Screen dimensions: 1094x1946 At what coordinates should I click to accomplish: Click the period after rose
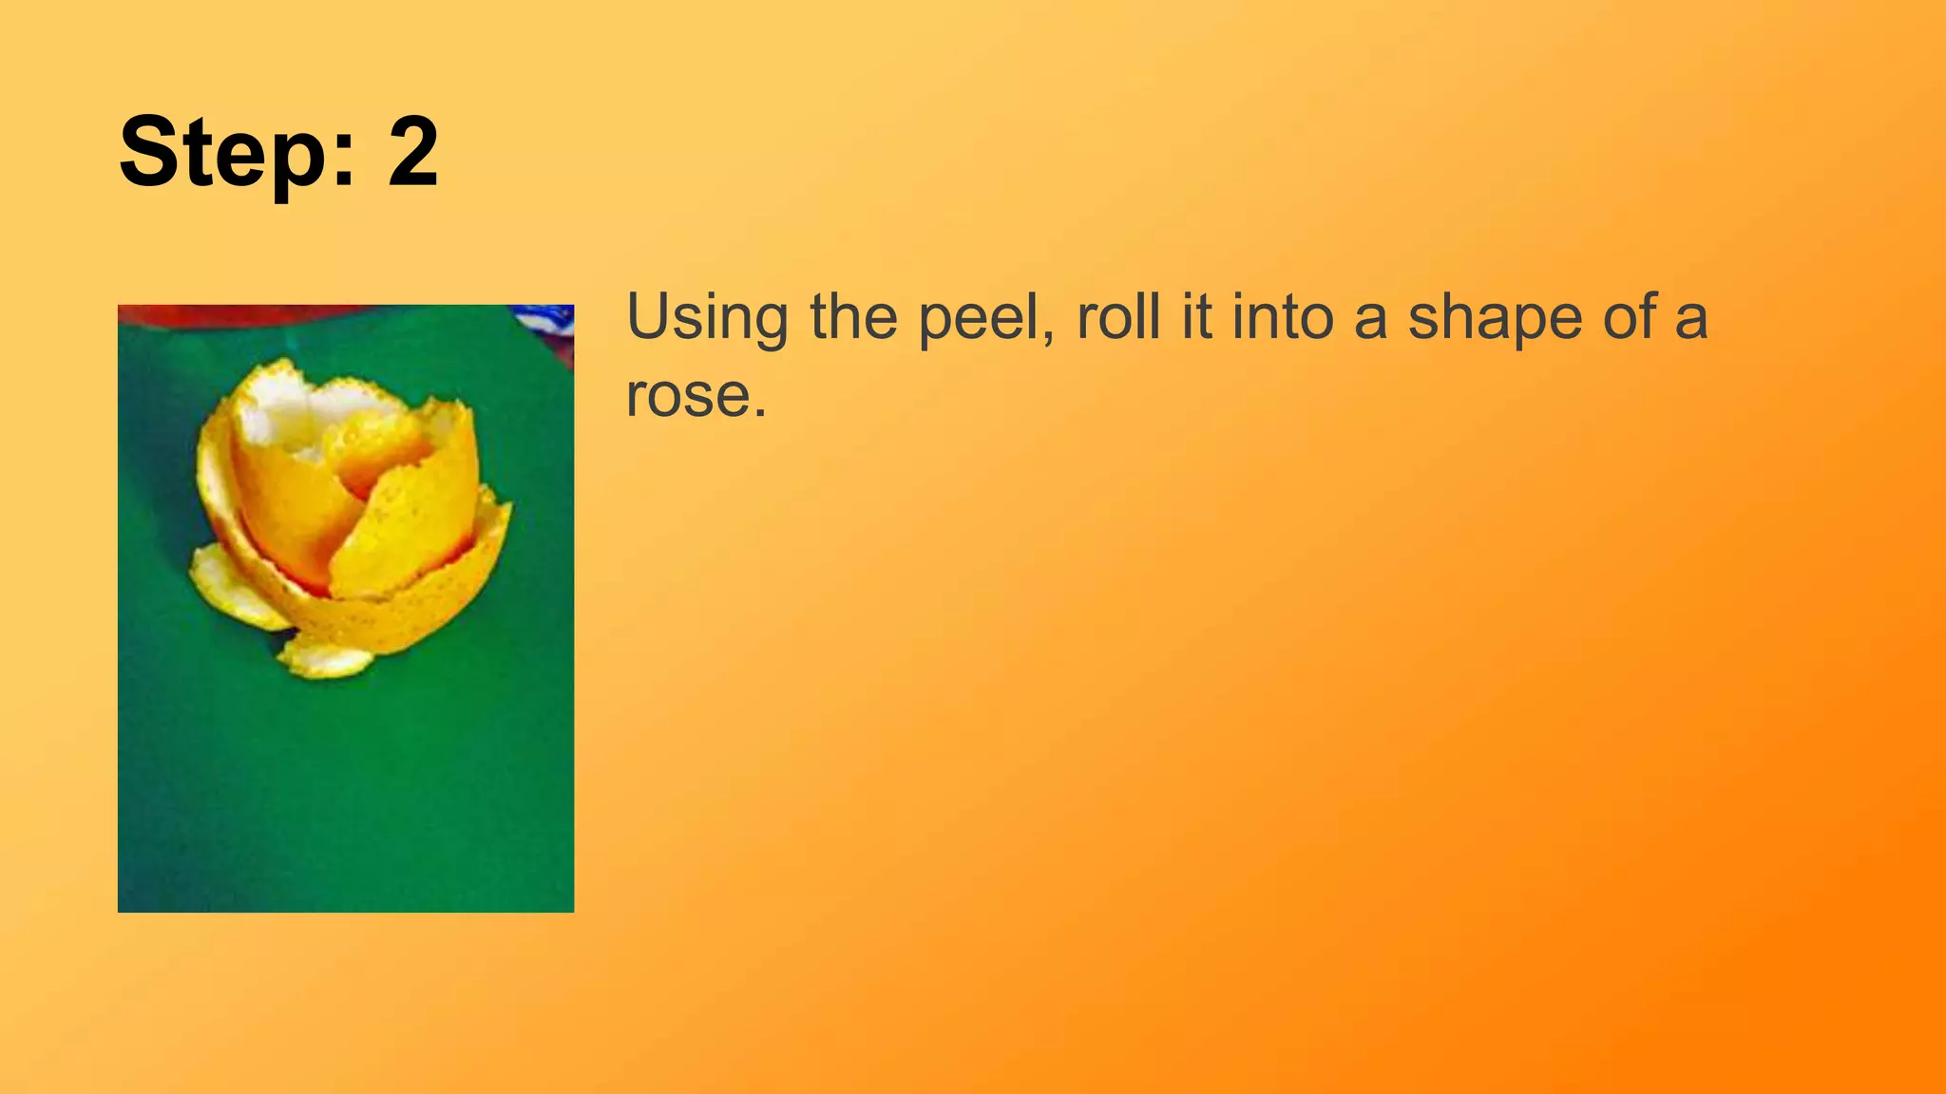(759, 414)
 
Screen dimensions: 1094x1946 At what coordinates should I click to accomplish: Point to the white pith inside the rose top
(285, 418)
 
